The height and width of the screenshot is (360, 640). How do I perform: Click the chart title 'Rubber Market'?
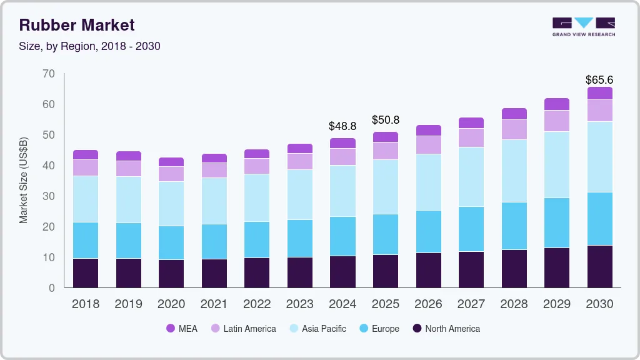pos(77,25)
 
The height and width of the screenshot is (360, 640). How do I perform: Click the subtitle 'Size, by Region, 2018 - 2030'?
pos(90,46)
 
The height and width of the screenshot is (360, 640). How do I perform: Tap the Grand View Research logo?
pos(583,26)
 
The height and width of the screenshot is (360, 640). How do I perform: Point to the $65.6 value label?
pos(599,80)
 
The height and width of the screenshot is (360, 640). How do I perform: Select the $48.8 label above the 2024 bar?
pos(342,126)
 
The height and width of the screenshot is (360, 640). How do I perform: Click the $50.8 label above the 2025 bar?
pos(386,119)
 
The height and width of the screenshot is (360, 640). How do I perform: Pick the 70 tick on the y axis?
pos(48,74)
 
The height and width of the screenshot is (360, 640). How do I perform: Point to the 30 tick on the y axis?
pos(48,196)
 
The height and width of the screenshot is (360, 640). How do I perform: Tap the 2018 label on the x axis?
pos(86,304)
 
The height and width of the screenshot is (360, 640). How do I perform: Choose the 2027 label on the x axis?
pos(471,304)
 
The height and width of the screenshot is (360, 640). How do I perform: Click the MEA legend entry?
pos(182,328)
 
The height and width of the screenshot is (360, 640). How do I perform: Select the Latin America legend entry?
pos(243,328)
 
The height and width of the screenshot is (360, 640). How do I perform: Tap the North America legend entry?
pos(446,328)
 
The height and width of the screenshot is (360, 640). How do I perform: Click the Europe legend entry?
pos(379,328)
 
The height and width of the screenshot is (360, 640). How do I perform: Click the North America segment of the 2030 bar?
pos(600,266)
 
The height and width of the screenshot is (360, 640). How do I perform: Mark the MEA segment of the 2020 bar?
pos(171,162)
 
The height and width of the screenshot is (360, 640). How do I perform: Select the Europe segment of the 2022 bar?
pos(257,239)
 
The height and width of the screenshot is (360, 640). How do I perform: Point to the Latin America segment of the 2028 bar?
pos(514,129)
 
